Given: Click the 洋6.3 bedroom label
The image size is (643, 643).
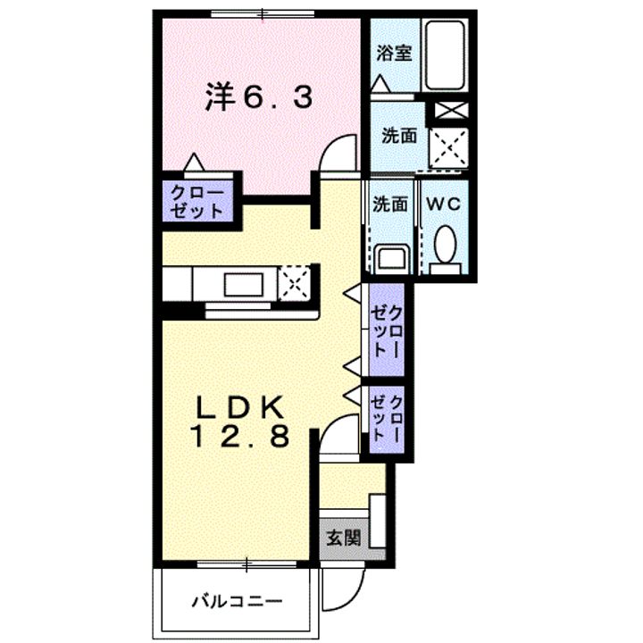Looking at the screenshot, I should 260,96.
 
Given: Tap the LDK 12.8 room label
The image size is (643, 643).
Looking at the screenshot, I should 239,422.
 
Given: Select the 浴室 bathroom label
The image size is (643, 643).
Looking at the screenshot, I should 393,52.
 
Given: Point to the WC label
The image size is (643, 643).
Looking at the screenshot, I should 442,204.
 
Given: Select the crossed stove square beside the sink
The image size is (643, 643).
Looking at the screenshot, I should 295,282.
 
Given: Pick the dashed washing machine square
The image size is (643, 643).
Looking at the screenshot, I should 450,145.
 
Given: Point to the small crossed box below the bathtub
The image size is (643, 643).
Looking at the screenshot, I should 450,112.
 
